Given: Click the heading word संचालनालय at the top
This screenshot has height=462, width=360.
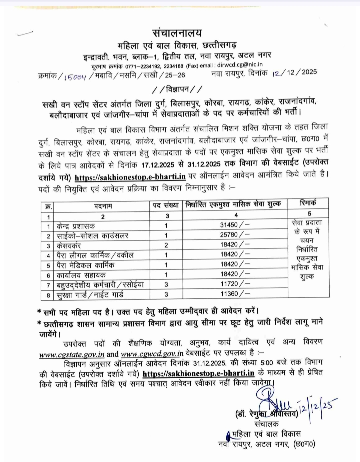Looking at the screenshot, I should pos(177,33).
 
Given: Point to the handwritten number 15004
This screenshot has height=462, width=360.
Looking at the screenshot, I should pos(76,76).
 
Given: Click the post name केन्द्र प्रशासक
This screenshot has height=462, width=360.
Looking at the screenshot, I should pos(76,226).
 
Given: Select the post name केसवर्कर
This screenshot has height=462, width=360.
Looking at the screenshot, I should pos(69,246).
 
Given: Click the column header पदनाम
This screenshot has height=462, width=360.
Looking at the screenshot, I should pos(103,206).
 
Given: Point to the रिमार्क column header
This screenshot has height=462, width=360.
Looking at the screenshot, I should pos(308,203).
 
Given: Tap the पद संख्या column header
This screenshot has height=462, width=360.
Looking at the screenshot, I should pos(166,205).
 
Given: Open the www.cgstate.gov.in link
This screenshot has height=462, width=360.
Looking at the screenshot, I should pos(72,354).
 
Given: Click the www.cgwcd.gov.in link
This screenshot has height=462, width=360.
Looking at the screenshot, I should pos(152,353).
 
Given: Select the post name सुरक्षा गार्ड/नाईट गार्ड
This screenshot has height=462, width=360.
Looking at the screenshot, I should pos(90,295).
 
